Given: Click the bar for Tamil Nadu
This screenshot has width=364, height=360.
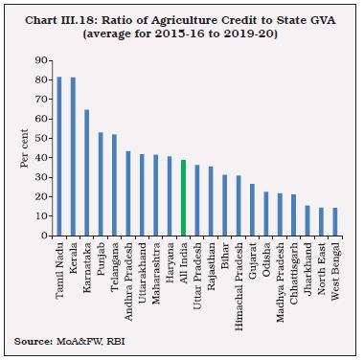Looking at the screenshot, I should tap(59, 157).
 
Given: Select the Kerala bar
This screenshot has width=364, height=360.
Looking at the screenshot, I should tap(73, 157).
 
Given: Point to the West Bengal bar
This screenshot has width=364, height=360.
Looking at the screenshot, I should tap(335, 222).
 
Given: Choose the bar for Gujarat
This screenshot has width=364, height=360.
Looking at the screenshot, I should tap(252, 211).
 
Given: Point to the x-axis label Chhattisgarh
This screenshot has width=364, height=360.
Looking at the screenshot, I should tap(294, 274).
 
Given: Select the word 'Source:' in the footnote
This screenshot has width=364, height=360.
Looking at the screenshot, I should tap(34, 342).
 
